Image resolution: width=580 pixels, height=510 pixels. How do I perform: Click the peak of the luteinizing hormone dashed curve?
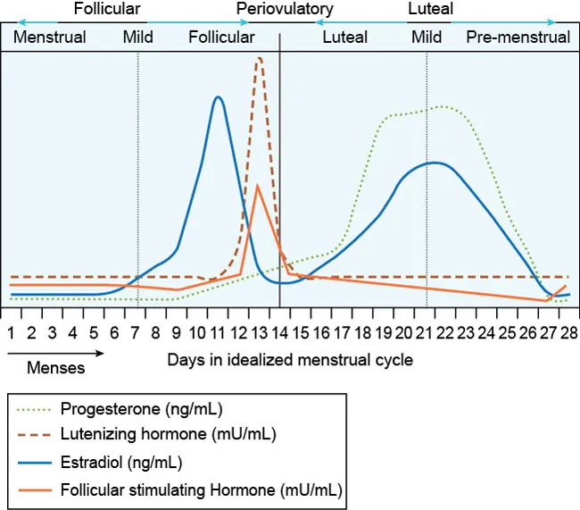coord(259,58)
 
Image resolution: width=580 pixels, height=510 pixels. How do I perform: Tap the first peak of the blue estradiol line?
coord(217,96)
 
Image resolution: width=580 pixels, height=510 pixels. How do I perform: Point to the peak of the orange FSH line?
coord(257,185)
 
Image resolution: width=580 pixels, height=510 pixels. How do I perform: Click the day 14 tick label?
coord(280,332)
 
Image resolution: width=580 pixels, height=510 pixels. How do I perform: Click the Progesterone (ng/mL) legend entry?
coord(141,410)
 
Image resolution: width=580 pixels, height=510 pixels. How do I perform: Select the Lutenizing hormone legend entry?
coord(168,436)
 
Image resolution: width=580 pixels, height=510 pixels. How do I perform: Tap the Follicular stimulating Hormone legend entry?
coord(202,489)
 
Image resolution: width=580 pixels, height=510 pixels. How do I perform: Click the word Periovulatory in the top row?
coord(285,10)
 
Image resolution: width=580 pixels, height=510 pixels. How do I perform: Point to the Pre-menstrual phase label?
coord(518,38)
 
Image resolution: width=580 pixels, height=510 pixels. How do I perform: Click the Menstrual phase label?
coord(50,38)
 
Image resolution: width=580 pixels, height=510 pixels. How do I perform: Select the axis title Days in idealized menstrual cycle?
coord(290,360)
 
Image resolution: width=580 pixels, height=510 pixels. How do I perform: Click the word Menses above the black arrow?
coord(55,367)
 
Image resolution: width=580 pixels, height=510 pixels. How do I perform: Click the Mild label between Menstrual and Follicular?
coord(138,38)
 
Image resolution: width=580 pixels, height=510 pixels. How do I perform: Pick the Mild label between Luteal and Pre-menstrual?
coord(427,38)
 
